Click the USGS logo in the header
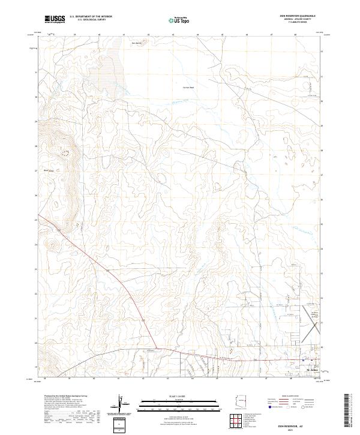[x=55, y=20]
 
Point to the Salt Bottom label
[x=137, y=43]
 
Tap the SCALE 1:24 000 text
[x=161, y=397]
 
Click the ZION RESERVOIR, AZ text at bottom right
[x=302, y=424]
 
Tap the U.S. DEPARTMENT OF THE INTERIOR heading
[x=91, y=17]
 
